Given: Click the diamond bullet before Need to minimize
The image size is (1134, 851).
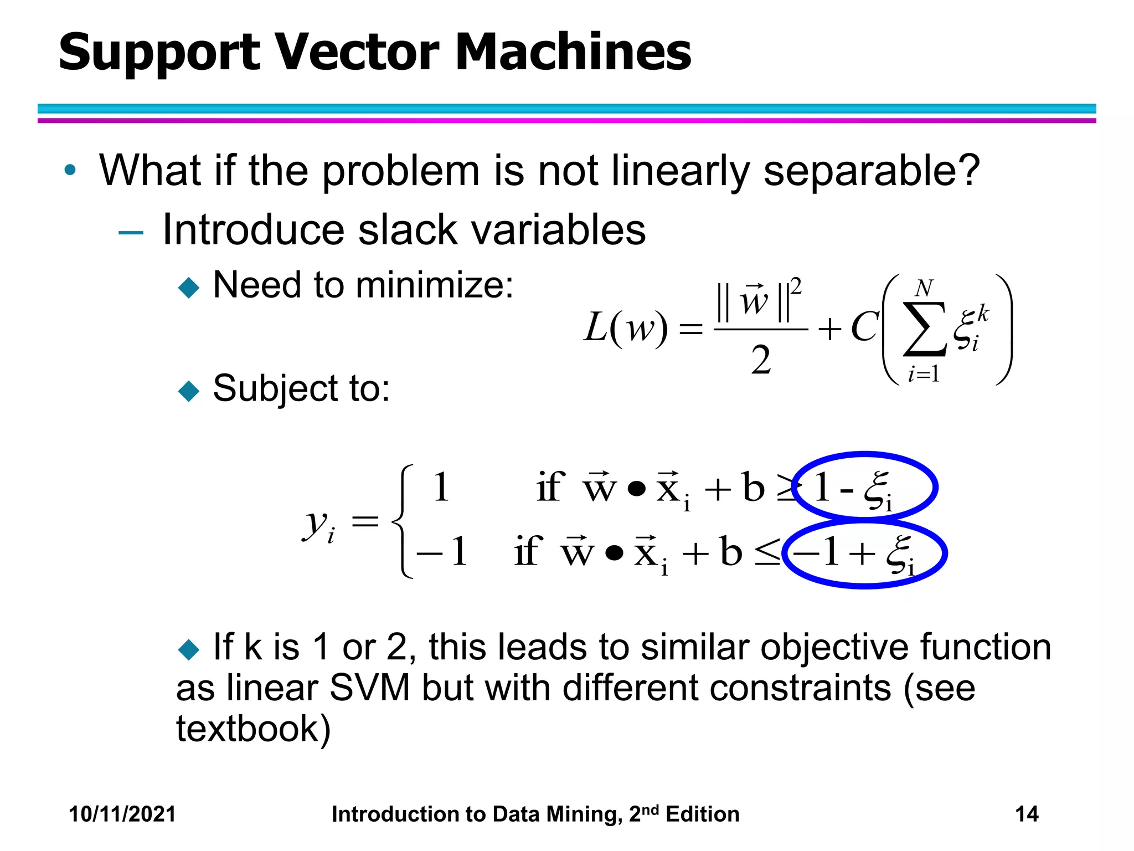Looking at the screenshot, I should click(189, 288).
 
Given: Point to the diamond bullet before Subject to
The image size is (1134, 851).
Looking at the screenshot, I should click(189, 391).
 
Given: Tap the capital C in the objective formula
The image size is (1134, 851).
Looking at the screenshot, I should click(864, 327).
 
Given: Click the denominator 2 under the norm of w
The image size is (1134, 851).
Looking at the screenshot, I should click(761, 361).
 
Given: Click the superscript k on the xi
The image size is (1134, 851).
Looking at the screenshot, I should click(983, 314).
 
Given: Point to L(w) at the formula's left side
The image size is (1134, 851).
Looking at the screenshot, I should click(626, 327).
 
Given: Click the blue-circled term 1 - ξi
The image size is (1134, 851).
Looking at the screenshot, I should click(864, 488).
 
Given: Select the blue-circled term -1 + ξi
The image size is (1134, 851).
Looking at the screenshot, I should click(864, 553).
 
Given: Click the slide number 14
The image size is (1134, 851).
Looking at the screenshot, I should click(1027, 814).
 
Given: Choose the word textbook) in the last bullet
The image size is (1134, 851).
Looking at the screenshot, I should click(253, 729).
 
